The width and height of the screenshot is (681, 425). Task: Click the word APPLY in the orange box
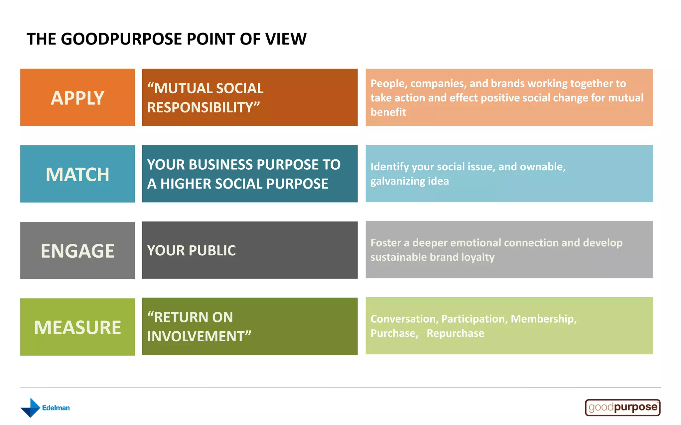(77, 98)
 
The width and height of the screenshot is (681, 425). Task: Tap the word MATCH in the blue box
(77, 175)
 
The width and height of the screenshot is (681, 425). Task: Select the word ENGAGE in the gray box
(77, 251)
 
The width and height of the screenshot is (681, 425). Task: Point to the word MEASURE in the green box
(77, 328)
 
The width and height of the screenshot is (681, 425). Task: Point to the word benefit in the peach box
(388, 112)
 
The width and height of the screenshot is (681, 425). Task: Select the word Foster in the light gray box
(386, 243)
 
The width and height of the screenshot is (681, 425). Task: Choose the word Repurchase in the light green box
(455, 333)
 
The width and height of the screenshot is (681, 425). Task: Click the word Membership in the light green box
(543, 319)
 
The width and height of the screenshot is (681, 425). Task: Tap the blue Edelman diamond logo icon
(31, 408)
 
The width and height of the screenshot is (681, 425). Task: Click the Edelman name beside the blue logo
(56, 408)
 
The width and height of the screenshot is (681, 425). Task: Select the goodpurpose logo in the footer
(622, 407)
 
